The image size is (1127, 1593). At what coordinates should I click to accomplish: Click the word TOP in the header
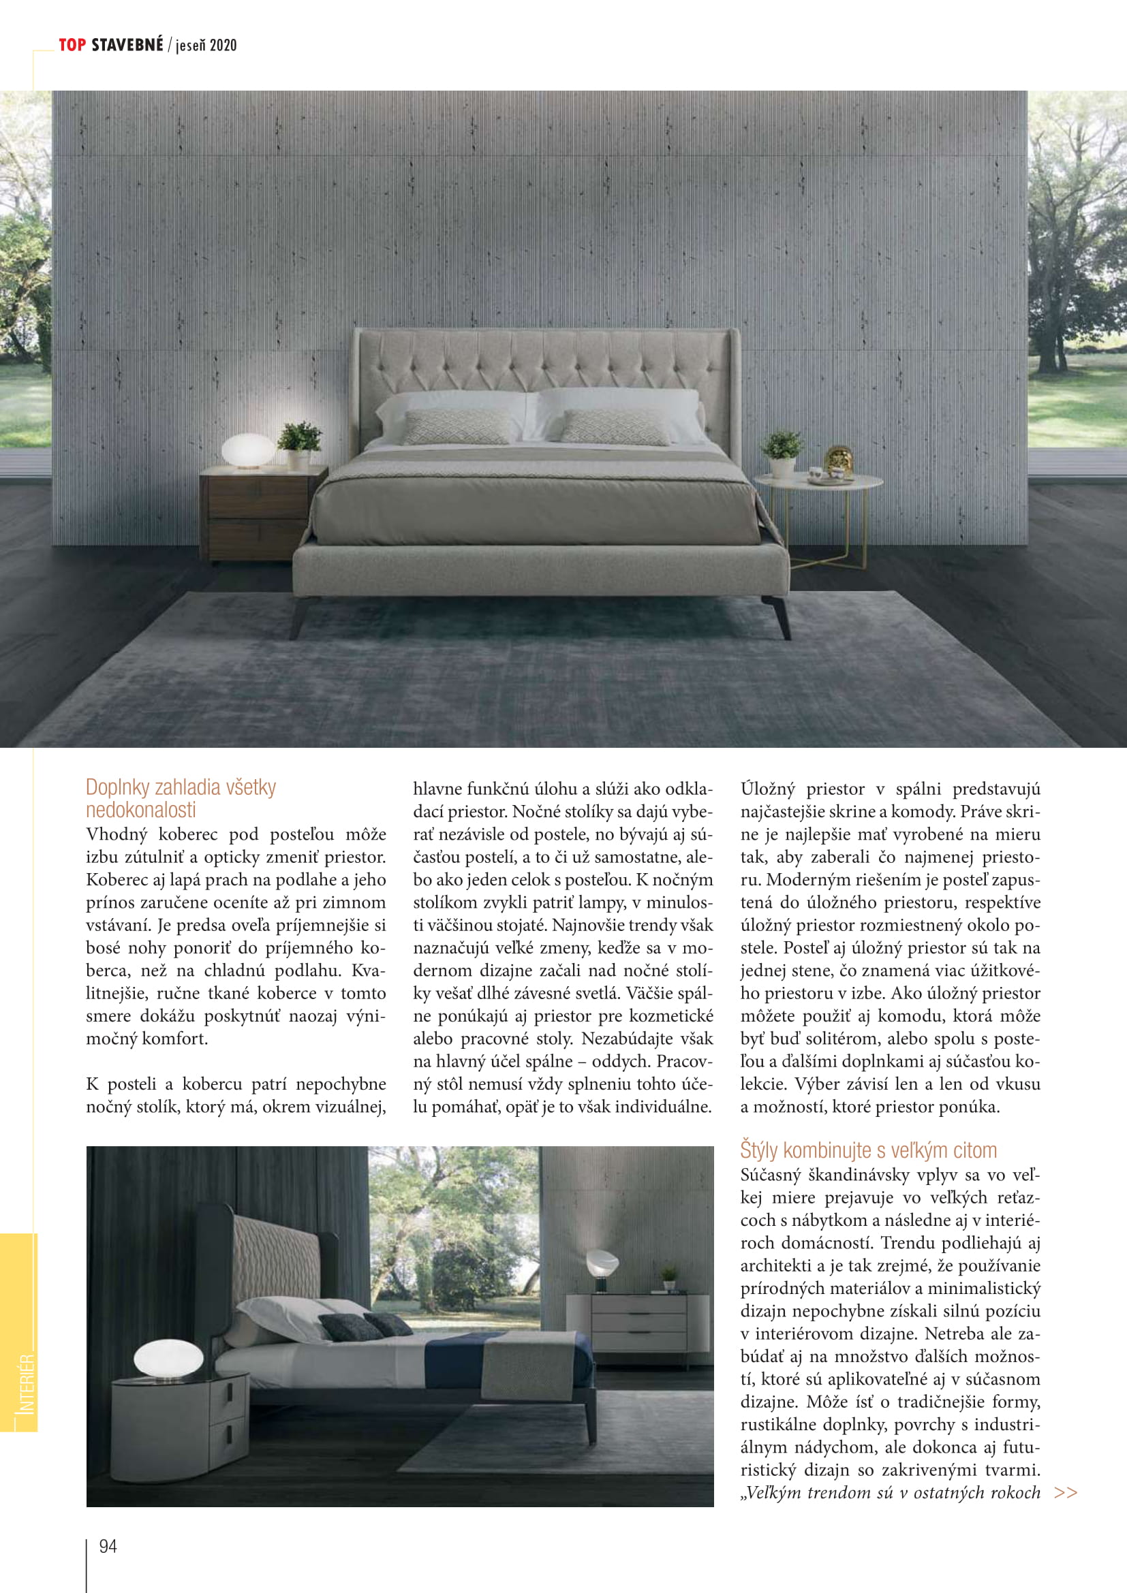pos(72,45)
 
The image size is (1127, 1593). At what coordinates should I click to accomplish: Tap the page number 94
pos(108,1546)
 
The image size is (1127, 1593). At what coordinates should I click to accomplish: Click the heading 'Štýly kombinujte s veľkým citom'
pos(868,1150)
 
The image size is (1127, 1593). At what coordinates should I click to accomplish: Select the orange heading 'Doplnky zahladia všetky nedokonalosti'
pos(181,799)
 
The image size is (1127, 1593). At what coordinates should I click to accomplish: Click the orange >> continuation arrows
pos(1065,1493)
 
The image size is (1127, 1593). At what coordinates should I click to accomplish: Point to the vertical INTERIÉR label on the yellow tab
pos(26,1384)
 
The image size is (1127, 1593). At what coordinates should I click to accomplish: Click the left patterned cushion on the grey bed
pos(457,427)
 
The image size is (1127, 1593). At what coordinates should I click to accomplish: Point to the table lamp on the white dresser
pos(601,1270)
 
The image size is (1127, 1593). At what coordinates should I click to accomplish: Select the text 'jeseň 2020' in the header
pos(206,46)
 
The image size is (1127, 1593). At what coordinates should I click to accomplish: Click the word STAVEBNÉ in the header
pos(127,45)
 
